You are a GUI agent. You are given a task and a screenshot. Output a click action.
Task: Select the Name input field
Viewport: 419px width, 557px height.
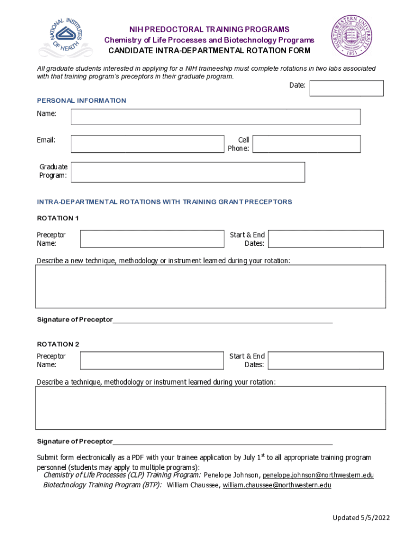215,117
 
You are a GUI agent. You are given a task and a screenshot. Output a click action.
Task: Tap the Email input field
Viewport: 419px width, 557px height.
147,144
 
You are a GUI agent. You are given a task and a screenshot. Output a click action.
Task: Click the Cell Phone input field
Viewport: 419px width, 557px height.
306,144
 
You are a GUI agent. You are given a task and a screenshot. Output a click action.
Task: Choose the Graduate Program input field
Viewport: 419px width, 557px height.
188,172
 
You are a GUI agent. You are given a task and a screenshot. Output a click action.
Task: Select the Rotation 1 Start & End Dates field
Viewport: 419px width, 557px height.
325,239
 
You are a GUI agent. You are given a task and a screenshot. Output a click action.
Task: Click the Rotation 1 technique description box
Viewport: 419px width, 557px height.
211,287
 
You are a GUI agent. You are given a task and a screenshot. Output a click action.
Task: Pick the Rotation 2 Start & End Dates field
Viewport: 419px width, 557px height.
325,360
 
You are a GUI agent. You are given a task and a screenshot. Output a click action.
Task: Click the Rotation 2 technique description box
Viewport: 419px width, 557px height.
211,408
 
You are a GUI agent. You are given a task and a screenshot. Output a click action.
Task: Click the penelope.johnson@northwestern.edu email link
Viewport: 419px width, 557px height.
318,475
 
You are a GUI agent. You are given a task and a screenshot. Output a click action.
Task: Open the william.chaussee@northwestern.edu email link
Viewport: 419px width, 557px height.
276,485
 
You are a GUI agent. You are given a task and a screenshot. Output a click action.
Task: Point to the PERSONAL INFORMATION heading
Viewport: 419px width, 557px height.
82,101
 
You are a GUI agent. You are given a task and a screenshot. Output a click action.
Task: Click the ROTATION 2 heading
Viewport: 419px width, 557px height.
58,344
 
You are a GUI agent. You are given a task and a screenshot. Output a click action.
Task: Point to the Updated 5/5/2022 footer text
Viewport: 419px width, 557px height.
361,518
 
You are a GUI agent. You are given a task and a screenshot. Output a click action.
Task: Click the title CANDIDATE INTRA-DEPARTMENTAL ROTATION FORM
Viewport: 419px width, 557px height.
209,51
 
